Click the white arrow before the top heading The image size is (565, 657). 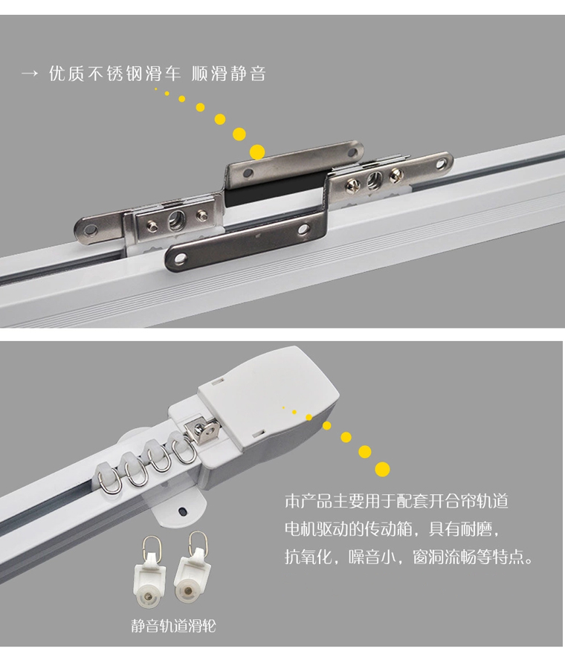point(29,74)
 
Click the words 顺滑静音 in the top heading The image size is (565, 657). point(229,74)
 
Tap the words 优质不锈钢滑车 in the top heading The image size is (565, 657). point(114,74)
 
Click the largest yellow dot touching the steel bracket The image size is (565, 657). point(257,152)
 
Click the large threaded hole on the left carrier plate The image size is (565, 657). point(176,221)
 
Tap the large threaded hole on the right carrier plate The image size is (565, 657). point(374,181)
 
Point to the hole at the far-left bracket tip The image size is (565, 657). point(91,230)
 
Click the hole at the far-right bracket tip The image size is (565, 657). point(442,163)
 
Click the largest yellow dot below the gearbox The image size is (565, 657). point(382,469)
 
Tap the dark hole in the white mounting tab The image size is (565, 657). point(183,511)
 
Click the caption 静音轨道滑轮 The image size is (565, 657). point(173,626)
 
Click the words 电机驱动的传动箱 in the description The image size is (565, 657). point(349,528)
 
